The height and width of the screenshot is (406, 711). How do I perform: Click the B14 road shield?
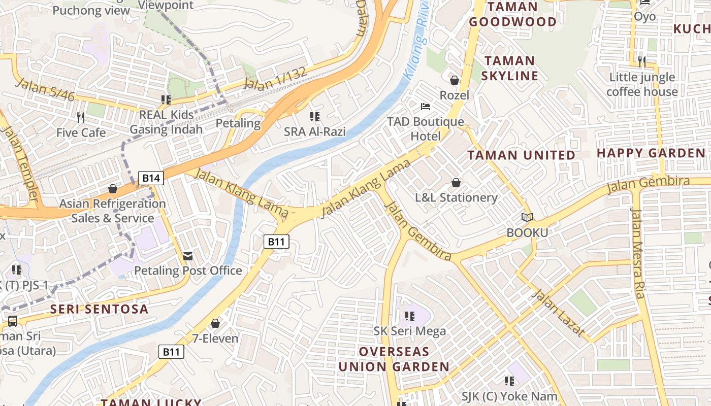coord(151,178)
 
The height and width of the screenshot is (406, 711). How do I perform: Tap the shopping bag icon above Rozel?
coord(455,80)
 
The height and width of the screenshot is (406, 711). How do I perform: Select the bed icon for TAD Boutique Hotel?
coord(426,107)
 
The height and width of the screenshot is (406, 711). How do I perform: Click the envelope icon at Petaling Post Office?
coord(188,256)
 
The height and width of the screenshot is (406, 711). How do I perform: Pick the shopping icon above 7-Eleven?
coord(215,323)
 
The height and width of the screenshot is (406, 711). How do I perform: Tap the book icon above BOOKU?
coord(527,218)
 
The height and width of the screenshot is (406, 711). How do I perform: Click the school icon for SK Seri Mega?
coord(410,317)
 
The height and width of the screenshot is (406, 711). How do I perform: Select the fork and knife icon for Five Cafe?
coord(81,118)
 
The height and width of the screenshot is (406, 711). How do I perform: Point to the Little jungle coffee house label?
coord(642,85)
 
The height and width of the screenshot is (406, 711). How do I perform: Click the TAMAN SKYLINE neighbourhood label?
coord(509,69)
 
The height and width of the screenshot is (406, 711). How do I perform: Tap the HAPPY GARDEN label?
coord(651,153)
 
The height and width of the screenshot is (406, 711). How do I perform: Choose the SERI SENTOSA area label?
coord(99,309)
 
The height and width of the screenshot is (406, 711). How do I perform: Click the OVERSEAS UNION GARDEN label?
coord(394,359)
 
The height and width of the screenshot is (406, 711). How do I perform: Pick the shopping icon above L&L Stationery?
coord(456,183)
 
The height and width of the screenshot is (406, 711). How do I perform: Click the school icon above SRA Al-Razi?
coord(315,117)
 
